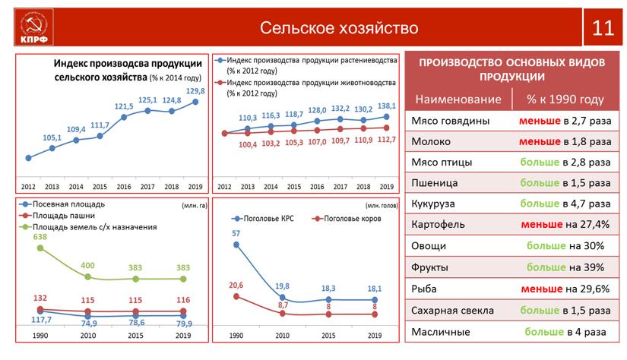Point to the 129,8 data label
pyautogui.click(x=196, y=90)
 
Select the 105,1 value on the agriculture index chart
pyautogui.click(x=52, y=137)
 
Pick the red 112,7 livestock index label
pyautogui.click(x=387, y=139)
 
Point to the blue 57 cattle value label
pyautogui.click(x=236, y=233)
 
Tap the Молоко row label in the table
pyautogui.click(x=431, y=141)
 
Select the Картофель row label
pyautogui.click(x=438, y=225)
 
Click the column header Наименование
pyautogui.click(x=458, y=99)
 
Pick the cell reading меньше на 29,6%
pyautogui.click(x=564, y=289)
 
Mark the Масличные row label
pyautogui.click(x=440, y=331)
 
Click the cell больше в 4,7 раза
pyautogui.click(x=564, y=204)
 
